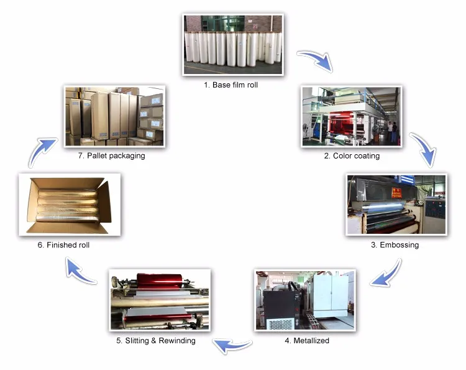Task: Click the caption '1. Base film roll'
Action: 231,85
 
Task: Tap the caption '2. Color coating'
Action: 352,156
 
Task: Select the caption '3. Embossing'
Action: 395,245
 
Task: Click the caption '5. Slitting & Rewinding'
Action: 155,341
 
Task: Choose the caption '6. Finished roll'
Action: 63,245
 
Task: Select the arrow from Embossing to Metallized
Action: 385,274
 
